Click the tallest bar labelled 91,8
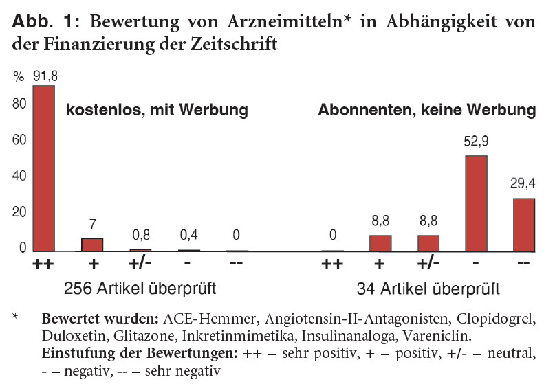tap(44, 168)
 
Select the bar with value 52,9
tap(476, 203)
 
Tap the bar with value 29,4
tap(524, 225)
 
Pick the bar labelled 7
tap(92, 245)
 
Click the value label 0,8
tap(140, 234)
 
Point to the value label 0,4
tap(188, 234)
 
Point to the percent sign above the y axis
tap(18, 77)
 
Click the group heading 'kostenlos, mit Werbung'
tap(156, 110)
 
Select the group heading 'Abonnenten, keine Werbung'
tap(426, 110)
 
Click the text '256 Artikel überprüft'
tap(140, 288)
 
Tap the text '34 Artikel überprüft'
tap(428, 288)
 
